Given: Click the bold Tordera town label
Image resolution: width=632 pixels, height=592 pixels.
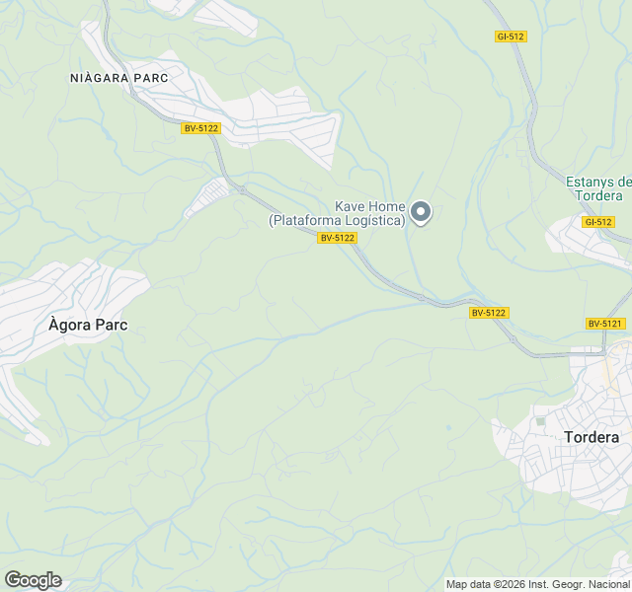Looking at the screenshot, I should pos(592,437).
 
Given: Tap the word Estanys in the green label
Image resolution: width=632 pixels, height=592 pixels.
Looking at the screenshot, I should pos(590,182).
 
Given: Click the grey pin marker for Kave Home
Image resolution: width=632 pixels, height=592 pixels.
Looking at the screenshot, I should pos(421,211).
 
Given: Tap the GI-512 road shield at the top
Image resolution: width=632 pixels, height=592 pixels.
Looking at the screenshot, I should pos(511,37).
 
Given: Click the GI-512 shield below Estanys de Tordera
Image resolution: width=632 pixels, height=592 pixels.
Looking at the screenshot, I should pos(597,222).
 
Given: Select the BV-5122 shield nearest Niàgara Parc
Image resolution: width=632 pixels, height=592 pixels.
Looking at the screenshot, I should pos(200,128).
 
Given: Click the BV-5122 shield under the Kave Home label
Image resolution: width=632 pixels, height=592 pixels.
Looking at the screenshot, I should pos(337,238).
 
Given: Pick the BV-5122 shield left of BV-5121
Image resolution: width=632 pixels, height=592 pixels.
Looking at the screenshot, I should pos(489,313).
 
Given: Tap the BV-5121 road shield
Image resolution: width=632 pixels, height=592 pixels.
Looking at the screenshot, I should pos(605,324).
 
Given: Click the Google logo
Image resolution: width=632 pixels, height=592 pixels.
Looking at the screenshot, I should pos(33,580).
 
